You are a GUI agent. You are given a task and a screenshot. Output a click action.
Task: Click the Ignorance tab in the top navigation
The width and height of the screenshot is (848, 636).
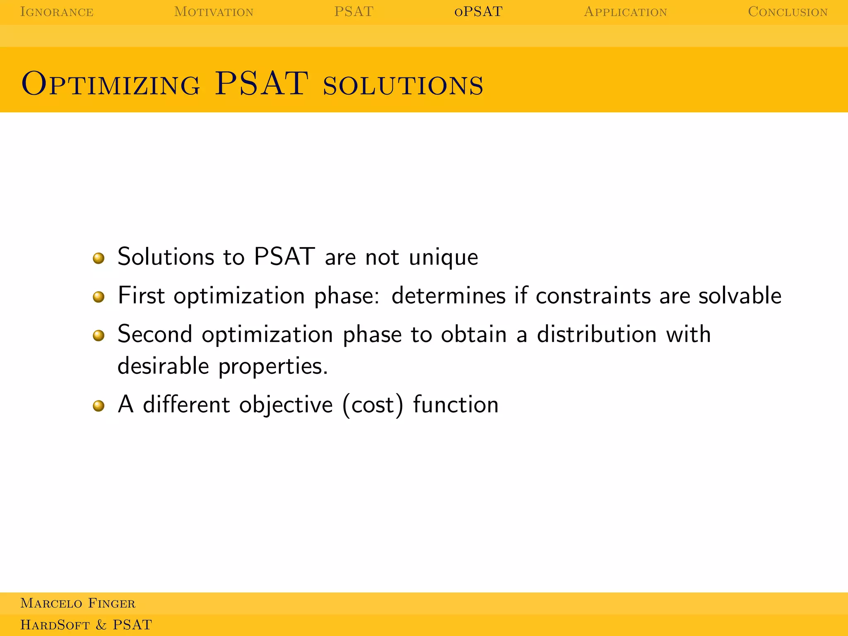click(57, 12)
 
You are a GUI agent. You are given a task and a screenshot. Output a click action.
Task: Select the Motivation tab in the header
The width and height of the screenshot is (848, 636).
click(214, 12)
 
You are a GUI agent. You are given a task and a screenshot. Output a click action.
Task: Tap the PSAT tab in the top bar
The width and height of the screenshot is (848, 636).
click(354, 12)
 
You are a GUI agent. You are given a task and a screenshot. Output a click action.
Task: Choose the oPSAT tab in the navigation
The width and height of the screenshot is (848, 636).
click(478, 12)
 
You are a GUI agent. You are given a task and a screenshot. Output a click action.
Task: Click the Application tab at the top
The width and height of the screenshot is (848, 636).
click(625, 12)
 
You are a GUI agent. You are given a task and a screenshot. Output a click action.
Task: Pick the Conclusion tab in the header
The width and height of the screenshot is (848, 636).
click(788, 12)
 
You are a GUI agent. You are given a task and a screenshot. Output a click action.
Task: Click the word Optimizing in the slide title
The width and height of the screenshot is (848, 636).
click(111, 84)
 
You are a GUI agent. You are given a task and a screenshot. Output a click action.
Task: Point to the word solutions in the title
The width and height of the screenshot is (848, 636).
click(403, 85)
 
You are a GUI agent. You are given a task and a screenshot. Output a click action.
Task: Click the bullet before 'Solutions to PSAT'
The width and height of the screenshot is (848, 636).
click(99, 258)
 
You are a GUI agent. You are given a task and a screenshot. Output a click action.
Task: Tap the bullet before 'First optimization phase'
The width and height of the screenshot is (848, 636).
click(99, 297)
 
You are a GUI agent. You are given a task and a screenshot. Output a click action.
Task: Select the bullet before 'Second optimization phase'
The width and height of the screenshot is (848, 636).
click(99, 335)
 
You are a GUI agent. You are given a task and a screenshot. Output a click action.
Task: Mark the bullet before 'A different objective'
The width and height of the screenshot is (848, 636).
click(99, 406)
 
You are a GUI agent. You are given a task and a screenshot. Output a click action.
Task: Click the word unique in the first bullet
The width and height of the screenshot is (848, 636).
click(443, 258)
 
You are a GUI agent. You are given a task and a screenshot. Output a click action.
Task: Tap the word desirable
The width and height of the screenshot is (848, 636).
click(163, 366)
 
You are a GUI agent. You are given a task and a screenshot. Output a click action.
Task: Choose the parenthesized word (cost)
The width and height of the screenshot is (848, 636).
click(373, 405)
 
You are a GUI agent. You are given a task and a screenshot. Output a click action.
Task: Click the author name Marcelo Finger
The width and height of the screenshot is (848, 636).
click(78, 603)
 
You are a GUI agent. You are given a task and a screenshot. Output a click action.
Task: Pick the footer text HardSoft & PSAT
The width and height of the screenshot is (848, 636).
click(86, 625)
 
